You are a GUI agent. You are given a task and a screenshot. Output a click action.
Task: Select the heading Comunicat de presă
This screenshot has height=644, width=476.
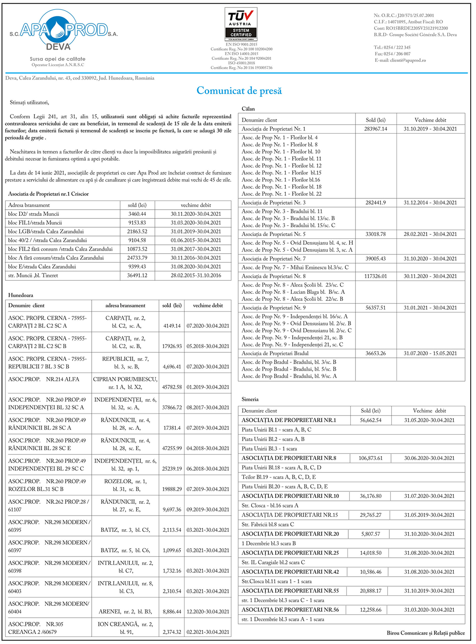[x=239, y=91]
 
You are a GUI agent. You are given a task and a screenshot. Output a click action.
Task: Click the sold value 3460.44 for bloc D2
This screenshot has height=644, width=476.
[x=137, y=214]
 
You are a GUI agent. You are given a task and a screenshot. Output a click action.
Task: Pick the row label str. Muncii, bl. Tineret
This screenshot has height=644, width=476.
[x=33, y=275]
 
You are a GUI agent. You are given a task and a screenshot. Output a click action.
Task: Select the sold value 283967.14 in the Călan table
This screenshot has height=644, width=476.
[x=376, y=129]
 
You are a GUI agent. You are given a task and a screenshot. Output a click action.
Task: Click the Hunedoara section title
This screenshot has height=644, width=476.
[x=21, y=295]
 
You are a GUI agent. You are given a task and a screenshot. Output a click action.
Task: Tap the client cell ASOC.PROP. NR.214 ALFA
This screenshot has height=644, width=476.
[x=44, y=379]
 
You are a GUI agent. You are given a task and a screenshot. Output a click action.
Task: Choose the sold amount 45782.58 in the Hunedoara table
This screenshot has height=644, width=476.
[x=172, y=387]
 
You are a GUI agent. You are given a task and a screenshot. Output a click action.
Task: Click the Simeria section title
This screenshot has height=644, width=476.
[x=250, y=399]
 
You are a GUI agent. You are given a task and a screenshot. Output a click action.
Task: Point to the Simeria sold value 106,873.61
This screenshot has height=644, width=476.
[x=371, y=458]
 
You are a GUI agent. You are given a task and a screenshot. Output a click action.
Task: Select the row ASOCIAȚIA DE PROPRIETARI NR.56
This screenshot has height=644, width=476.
[x=290, y=610]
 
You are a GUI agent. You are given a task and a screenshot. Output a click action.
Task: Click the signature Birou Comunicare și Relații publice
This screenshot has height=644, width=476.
[x=425, y=633]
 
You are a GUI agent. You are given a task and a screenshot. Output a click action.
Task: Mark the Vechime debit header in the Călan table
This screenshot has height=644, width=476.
[x=430, y=120]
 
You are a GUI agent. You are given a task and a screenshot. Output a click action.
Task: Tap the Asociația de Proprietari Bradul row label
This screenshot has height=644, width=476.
[x=275, y=353]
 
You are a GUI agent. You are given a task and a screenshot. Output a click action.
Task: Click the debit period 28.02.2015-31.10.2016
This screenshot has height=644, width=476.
[x=196, y=275]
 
